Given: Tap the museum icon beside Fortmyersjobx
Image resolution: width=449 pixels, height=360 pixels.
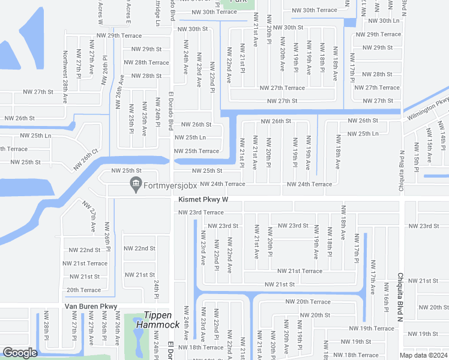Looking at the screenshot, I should point(136,183).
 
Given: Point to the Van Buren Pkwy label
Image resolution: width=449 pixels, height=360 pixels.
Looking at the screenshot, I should point(91,306).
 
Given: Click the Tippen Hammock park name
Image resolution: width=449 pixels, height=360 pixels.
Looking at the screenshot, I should point(157,320).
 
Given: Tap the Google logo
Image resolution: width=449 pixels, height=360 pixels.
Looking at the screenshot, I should point(20,353).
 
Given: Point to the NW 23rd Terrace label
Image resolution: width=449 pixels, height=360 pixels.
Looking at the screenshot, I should point(200,212).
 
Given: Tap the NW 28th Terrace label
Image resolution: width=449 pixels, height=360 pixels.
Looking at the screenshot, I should point(146,62).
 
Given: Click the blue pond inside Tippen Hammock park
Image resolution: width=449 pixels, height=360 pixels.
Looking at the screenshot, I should point(139,344).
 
